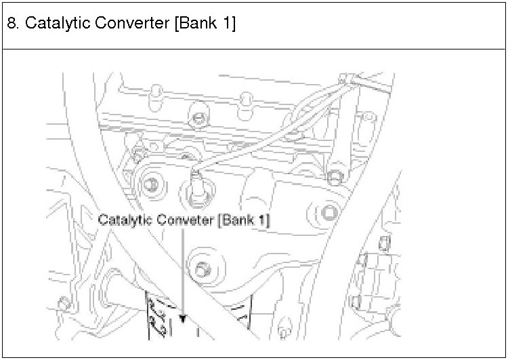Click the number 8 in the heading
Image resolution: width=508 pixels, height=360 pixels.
pyautogui.click(x=12, y=23)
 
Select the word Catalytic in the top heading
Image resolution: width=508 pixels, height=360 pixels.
pyautogui.click(x=50, y=23)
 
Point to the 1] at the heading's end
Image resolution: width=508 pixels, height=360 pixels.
pyautogui.click(x=228, y=23)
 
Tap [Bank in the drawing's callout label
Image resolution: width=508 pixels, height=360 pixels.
pyautogui.click(x=234, y=220)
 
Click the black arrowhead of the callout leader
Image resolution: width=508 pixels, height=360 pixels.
pyautogui.click(x=183, y=317)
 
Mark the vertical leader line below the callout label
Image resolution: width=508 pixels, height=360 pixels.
pyautogui.click(x=183, y=271)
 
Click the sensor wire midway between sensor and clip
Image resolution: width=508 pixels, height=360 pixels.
pyautogui.click(x=271, y=129)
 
